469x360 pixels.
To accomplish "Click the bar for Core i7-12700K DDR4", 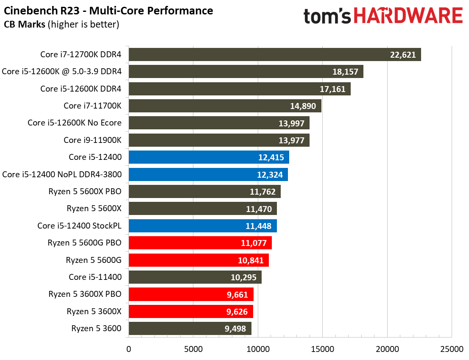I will click(x=274, y=54).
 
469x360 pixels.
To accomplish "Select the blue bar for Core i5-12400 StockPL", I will click(x=202, y=226).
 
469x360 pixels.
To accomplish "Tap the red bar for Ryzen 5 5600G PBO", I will click(x=200, y=243).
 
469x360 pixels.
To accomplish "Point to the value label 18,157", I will click(x=345, y=72).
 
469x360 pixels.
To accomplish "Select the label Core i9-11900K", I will click(x=92, y=140).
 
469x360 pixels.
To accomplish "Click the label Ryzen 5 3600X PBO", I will click(x=85, y=294).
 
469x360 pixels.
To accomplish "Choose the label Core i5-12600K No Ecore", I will click(x=75, y=123).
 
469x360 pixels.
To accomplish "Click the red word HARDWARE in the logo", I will click(x=408, y=16).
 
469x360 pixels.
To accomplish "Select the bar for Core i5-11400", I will click(x=195, y=277).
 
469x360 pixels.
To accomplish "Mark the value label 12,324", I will click(x=271, y=174).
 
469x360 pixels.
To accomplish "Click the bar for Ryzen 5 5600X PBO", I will click(x=204, y=192).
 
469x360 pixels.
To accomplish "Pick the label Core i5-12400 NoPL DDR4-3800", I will click(x=62, y=174).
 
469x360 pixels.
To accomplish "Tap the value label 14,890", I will click(x=303, y=106).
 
